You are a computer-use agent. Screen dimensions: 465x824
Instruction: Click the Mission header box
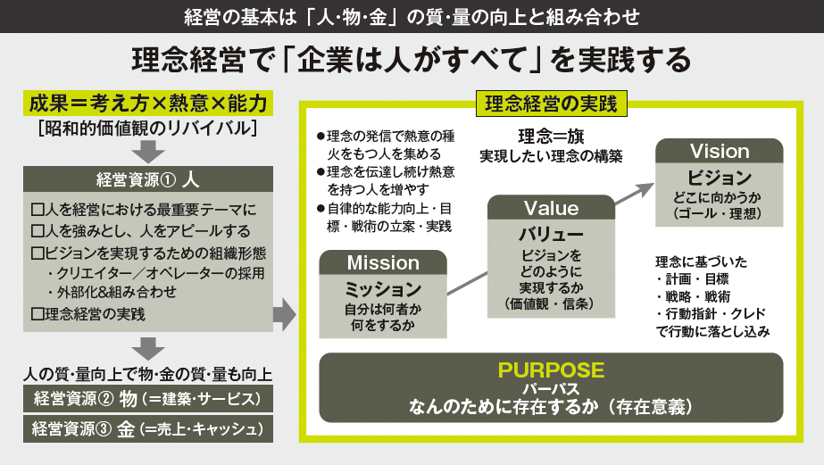click(x=383, y=263)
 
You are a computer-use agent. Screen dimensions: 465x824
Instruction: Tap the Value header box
click(x=551, y=208)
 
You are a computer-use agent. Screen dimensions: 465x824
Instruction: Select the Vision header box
click(x=720, y=151)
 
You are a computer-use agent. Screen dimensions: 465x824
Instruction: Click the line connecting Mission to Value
click(x=467, y=279)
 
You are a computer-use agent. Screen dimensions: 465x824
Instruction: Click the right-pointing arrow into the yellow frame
click(x=284, y=312)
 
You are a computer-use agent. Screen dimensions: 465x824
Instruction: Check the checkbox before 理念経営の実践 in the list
click(x=37, y=313)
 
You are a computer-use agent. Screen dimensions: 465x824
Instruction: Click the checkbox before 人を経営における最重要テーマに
click(x=37, y=211)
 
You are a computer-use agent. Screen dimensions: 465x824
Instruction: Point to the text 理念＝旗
click(x=550, y=136)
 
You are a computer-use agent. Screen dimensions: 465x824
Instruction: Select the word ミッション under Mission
click(x=383, y=290)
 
